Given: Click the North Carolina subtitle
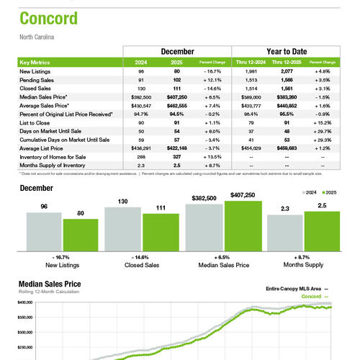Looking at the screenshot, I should point(36,36).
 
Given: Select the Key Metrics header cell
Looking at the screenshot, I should point(35,63).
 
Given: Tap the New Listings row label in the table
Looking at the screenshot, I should point(35,72).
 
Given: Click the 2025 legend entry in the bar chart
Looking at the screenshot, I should point(331,193).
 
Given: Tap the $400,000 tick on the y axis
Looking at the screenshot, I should point(25,303).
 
